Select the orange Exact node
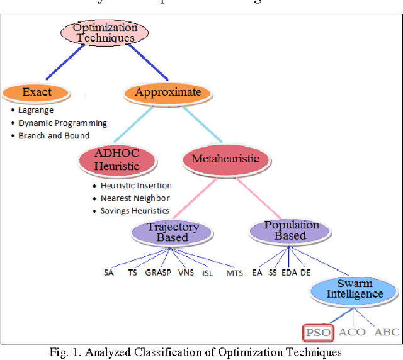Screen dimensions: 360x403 click(x=37, y=93)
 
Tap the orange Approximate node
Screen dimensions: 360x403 click(x=167, y=93)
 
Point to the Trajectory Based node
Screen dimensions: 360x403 click(x=173, y=232)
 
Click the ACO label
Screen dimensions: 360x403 click(x=352, y=332)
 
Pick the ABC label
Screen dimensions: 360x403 click(x=386, y=332)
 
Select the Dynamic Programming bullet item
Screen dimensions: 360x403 click(x=62, y=123)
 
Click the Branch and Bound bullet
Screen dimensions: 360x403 click(x=54, y=135)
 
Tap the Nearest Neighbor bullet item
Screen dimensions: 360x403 click(x=135, y=198)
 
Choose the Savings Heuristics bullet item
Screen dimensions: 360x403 click(x=134, y=211)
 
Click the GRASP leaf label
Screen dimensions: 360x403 click(x=158, y=273)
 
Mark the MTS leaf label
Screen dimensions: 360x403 click(x=234, y=273)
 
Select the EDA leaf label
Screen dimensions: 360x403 click(x=289, y=273)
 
